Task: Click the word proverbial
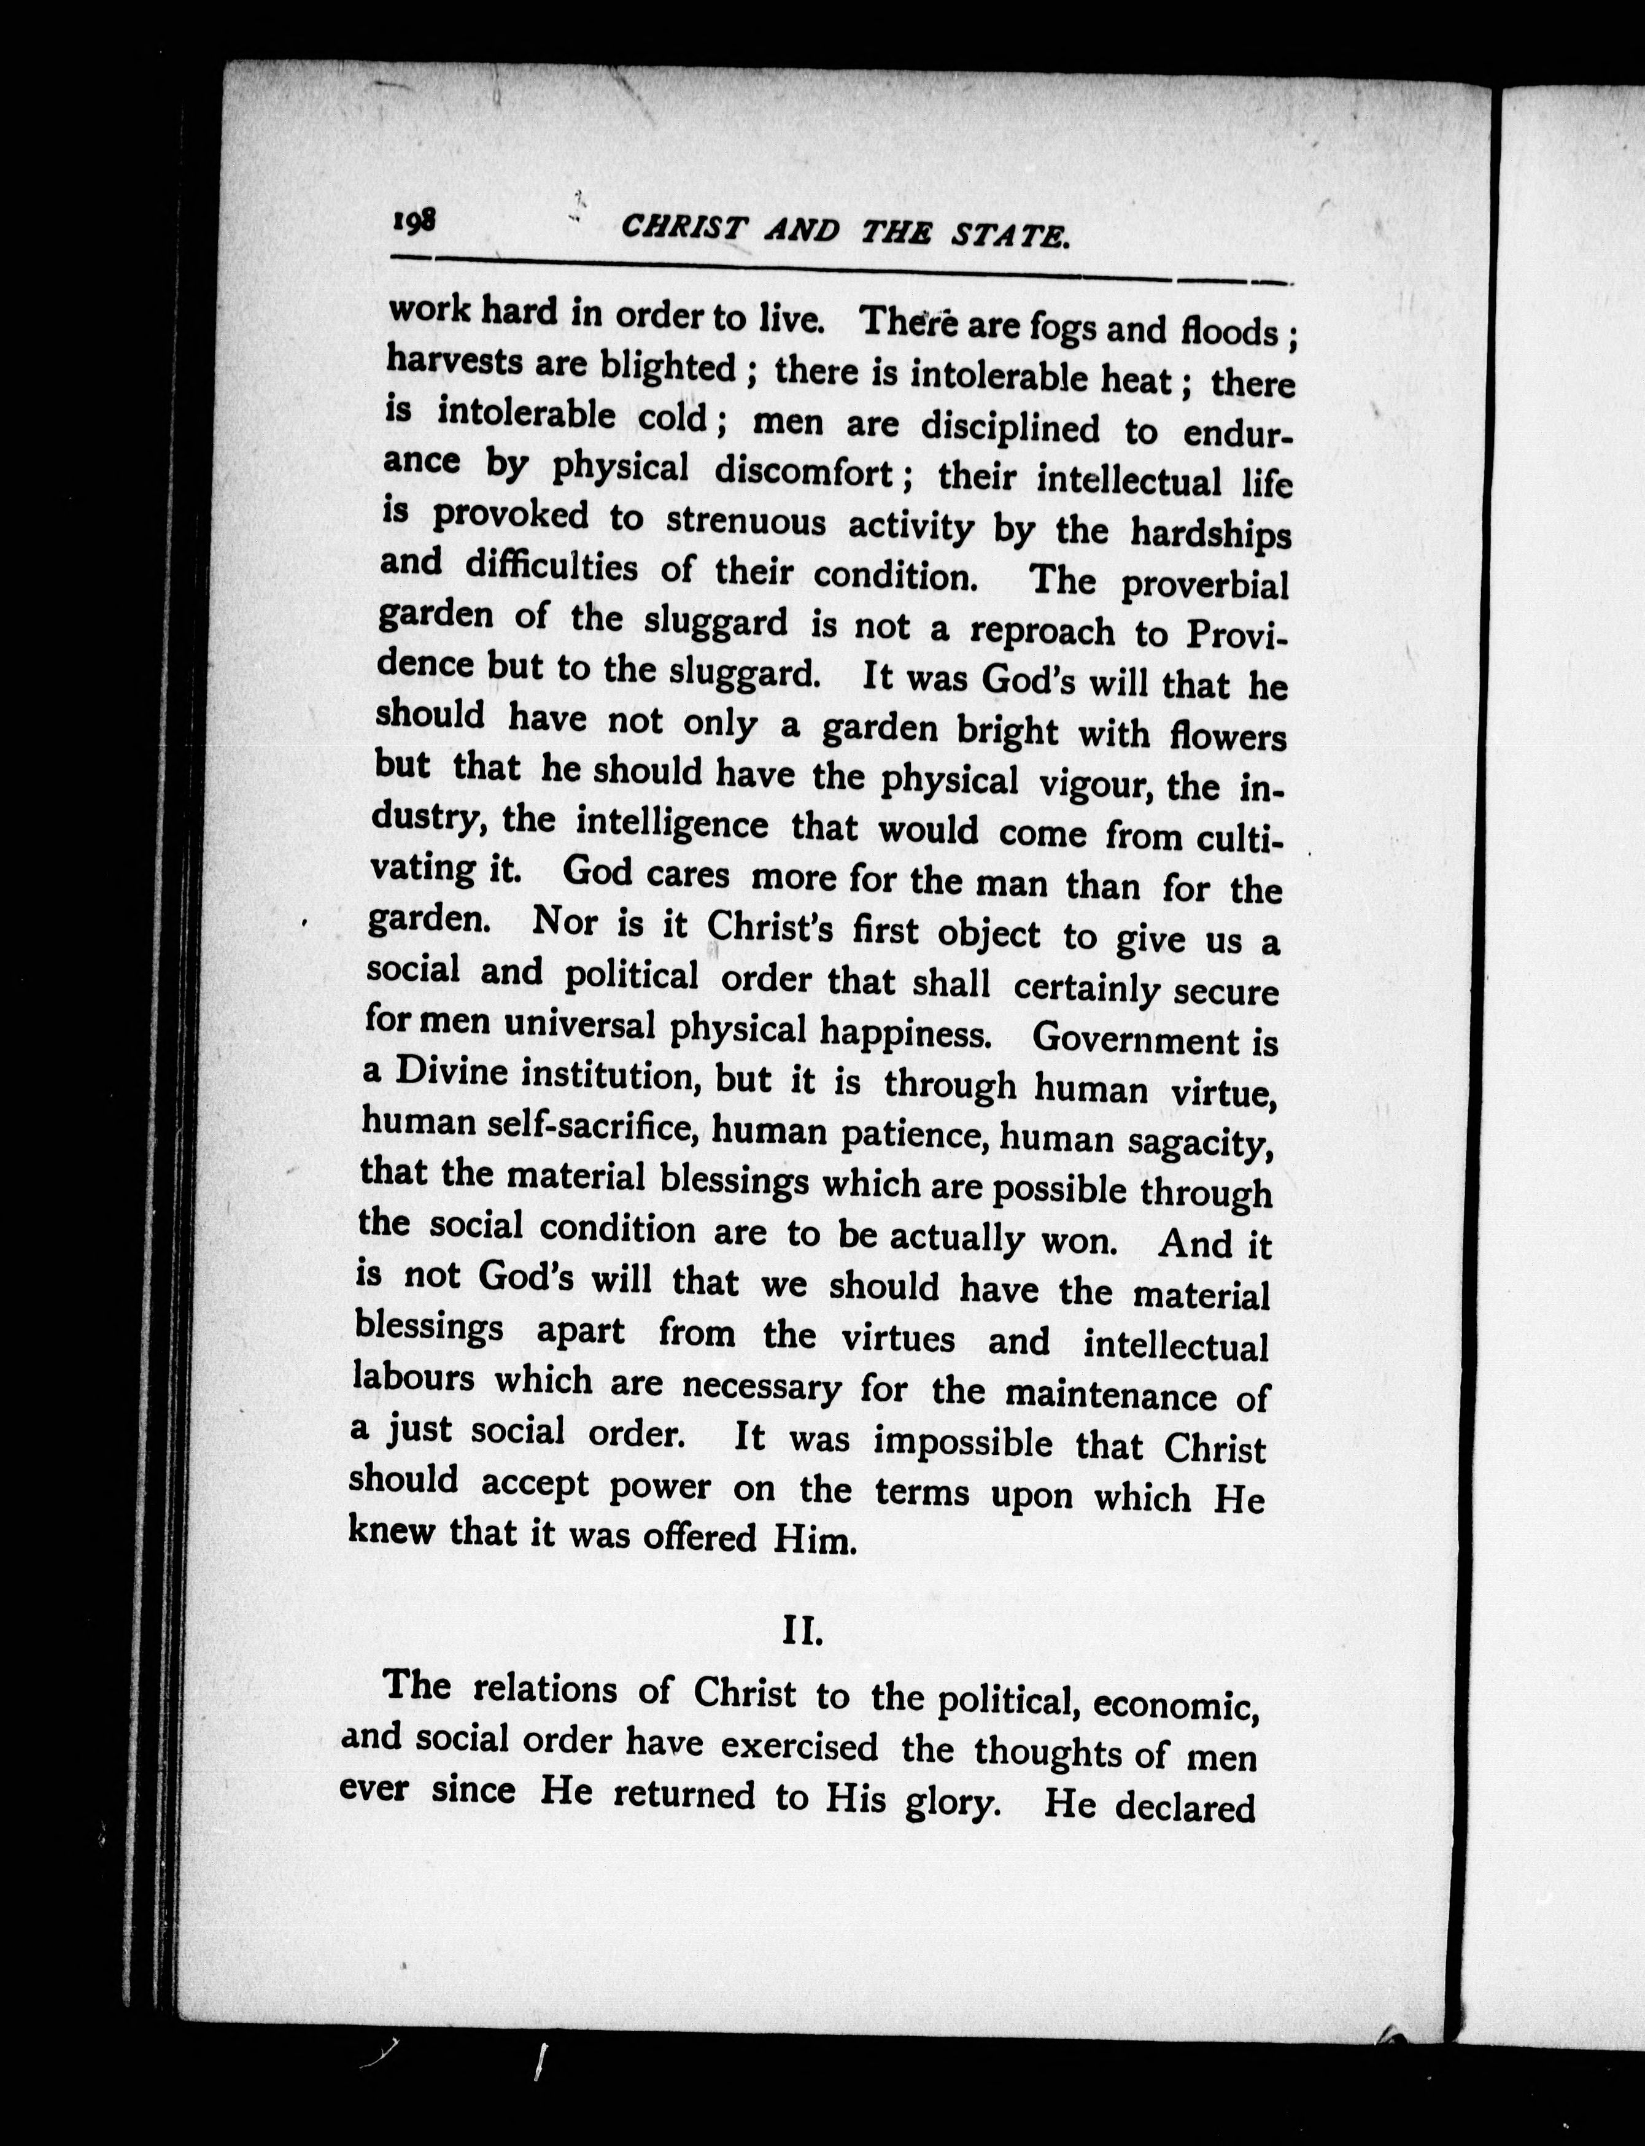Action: click(x=1204, y=586)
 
